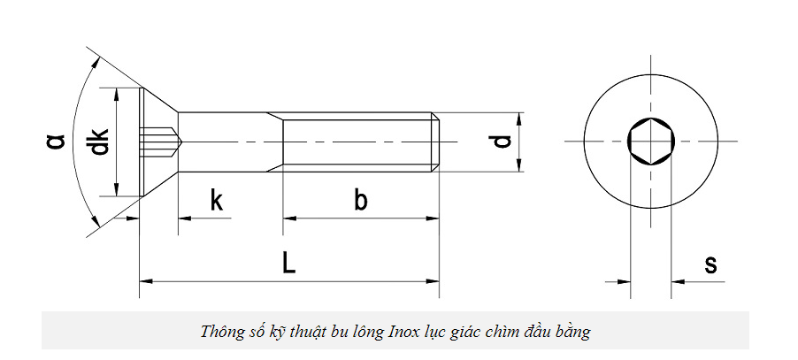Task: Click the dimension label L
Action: click(x=288, y=263)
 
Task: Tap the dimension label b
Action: click(x=360, y=200)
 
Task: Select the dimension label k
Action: click(x=217, y=201)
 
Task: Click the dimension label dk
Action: click(x=100, y=142)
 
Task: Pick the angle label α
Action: click(x=55, y=141)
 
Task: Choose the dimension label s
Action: click(x=710, y=263)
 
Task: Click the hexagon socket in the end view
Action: click(x=650, y=142)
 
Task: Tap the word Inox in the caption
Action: click(x=402, y=333)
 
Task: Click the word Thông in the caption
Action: click(x=221, y=333)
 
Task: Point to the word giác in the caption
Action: click(x=468, y=333)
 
